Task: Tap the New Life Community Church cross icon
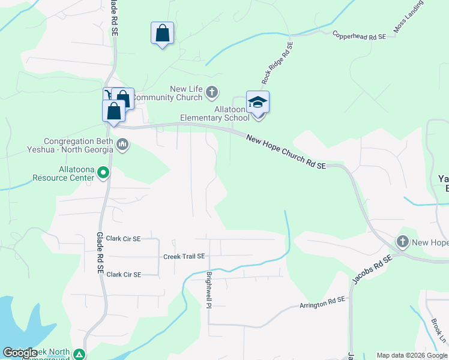coord(211,92)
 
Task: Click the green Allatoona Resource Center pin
coord(103,173)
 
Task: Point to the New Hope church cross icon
coord(403,242)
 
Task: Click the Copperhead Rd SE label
coord(359,36)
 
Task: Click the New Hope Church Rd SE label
coord(286,152)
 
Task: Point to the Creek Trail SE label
coord(184,256)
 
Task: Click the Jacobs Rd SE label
coord(372,269)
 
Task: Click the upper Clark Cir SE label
coord(123,238)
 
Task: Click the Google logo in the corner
coord(20,353)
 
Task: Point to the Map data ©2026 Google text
coord(411,355)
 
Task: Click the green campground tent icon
coord(79,355)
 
